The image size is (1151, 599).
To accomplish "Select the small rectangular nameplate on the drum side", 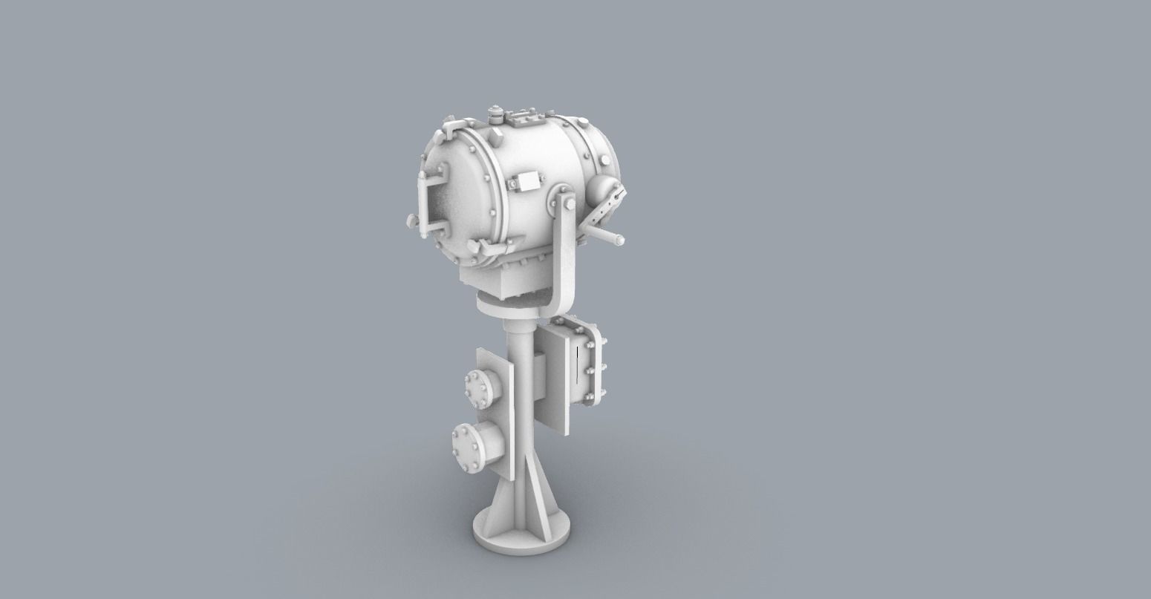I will (x=528, y=180).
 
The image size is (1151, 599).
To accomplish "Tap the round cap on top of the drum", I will (x=495, y=114).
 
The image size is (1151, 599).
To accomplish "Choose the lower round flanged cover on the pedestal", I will (x=469, y=447).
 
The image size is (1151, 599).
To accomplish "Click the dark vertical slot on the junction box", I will (x=576, y=366).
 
